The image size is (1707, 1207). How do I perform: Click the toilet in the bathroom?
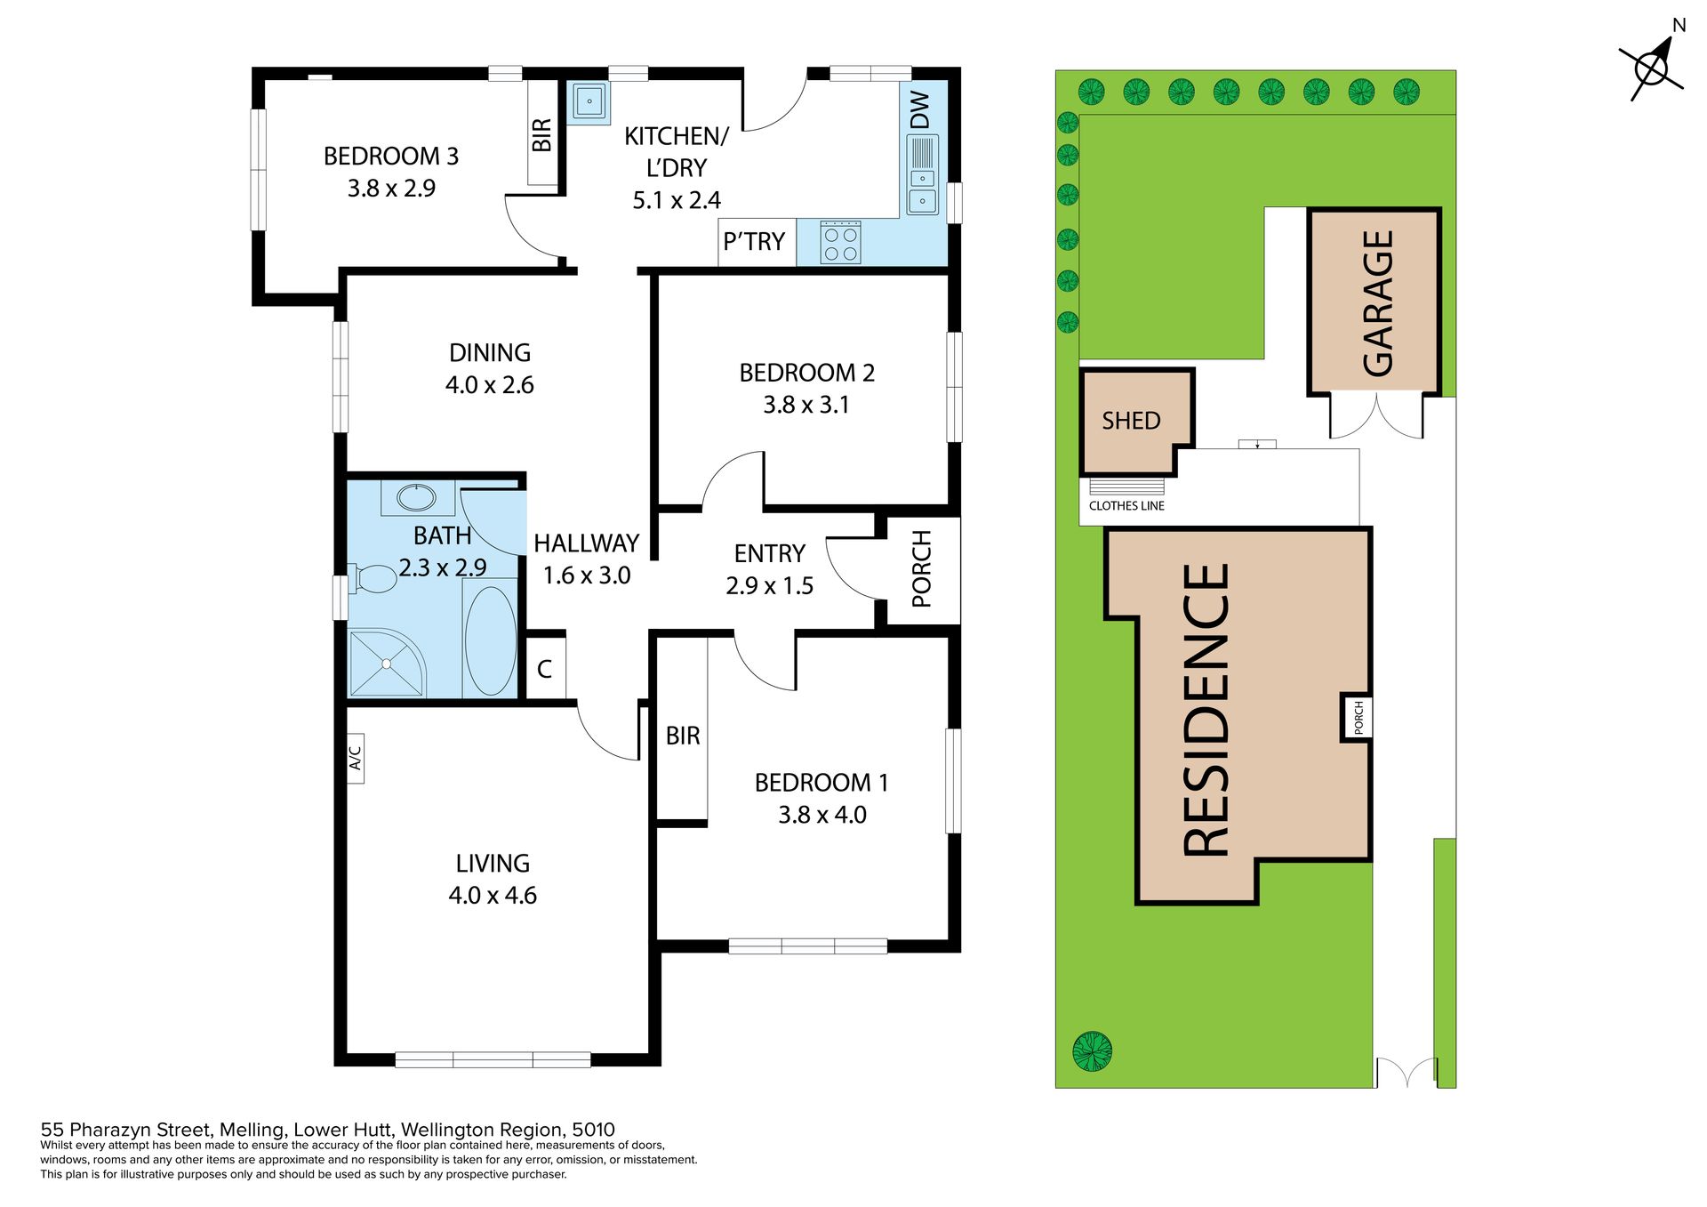pyautogui.click(x=373, y=579)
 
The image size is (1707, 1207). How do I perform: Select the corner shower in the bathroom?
pyautogui.click(x=388, y=663)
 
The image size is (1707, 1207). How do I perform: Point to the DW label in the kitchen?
pyautogui.click(x=920, y=109)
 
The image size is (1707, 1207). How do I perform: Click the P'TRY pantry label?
pyautogui.click(x=754, y=241)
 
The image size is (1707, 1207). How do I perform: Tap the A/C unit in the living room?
pyautogui.click(x=355, y=758)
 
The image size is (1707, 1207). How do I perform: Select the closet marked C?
pyautogui.click(x=545, y=668)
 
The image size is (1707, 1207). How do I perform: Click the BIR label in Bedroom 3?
pyautogui.click(x=541, y=134)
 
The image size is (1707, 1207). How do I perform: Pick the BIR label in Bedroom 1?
pyautogui.click(x=683, y=736)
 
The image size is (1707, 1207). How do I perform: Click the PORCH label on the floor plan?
pyautogui.click(x=922, y=569)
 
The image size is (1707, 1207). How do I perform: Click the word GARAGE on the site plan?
pyautogui.click(x=1377, y=302)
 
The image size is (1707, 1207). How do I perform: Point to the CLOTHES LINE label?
pyautogui.click(x=1126, y=506)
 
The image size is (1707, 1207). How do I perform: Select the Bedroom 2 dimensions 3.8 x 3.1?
pyautogui.click(x=806, y=405)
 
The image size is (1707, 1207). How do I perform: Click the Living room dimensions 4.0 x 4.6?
pyautogui.click(x=493, y=895)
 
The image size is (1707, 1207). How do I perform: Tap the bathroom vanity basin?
pyautogui.click(x=411, y=495)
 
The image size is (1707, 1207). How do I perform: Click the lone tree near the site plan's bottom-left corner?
pyautogui.click(x=1093, y=1051)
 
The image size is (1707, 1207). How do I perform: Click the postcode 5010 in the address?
pyautogui.click(x=593, y=1130)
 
